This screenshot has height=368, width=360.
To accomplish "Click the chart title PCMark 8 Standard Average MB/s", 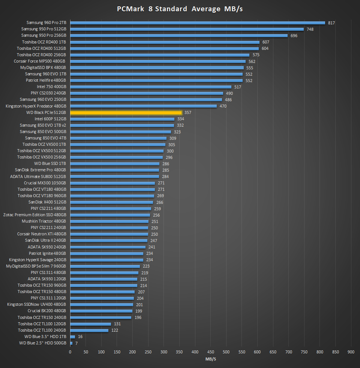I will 180,9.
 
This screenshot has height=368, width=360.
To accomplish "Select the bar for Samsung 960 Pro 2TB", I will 198,22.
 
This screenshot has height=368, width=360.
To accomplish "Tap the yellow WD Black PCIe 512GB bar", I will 126,112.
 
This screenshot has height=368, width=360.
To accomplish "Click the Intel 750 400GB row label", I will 51,87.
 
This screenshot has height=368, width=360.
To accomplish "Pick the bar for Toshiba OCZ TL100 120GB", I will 90,324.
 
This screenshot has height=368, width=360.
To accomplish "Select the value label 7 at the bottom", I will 76,343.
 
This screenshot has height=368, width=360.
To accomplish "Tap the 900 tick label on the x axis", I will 351,352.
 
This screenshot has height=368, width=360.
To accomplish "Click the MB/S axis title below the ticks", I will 211,359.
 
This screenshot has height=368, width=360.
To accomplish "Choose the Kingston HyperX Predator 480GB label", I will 36,106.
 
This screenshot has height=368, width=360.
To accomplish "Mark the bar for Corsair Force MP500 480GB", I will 158,61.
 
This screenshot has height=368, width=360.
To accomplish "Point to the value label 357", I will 188,112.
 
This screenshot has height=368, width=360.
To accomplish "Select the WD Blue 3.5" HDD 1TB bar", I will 73,337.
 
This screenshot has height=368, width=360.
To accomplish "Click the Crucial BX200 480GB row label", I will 47,311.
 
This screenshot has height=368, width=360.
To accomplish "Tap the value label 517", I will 238,87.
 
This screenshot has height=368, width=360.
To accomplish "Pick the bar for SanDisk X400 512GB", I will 112,202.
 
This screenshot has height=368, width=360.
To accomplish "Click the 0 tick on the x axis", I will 70,352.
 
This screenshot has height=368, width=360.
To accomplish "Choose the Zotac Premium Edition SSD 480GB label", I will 34,215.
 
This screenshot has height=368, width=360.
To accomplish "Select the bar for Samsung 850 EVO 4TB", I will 118,138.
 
